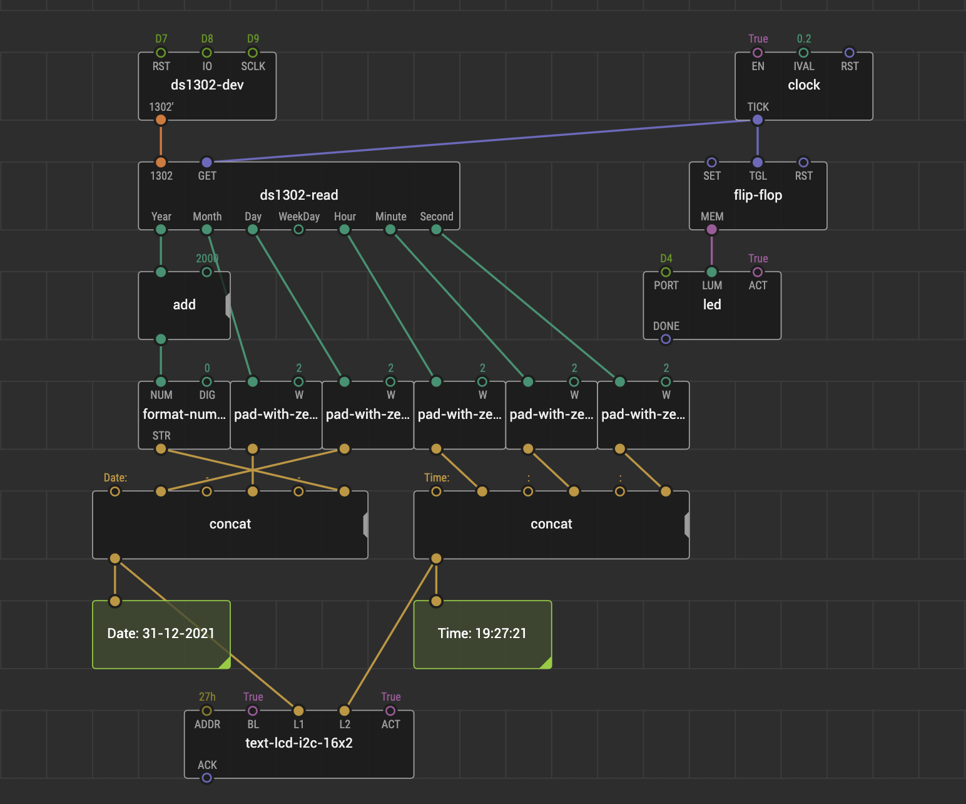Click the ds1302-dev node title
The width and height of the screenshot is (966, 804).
[207, 85]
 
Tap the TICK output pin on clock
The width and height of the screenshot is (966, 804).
[758, 120]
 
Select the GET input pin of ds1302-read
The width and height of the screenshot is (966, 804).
[207, 162]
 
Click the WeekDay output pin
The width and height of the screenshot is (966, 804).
[298, 229]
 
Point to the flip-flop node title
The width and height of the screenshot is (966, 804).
[758, 195]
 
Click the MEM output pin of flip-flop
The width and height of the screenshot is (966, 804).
[711, 229]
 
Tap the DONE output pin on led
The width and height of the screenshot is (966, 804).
[666, 339]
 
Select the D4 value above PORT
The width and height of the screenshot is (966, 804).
[666, 259]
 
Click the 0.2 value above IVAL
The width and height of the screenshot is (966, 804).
[803, 39]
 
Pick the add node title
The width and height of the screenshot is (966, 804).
[184, 304]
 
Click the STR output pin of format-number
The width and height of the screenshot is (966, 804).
[161, 449]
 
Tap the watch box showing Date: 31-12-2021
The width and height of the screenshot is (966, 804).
[161, 634]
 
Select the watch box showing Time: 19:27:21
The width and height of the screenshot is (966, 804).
[482, 634]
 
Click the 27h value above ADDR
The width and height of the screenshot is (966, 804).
[207, 697]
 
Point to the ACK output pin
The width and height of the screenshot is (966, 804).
[207, 778]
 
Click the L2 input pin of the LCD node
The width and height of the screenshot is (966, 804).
[344, 711]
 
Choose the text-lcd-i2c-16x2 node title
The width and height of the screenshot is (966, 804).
[298, 743]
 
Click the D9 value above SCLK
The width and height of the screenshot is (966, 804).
[253, 39]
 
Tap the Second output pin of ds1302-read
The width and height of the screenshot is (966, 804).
[436, 229]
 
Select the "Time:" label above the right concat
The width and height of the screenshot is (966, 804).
[437, 478]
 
